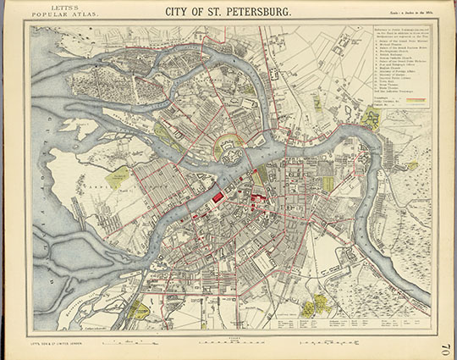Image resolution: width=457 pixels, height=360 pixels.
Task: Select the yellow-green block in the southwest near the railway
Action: coord(140,311)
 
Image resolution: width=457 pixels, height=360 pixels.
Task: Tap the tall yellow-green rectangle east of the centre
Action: coord(328,183)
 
